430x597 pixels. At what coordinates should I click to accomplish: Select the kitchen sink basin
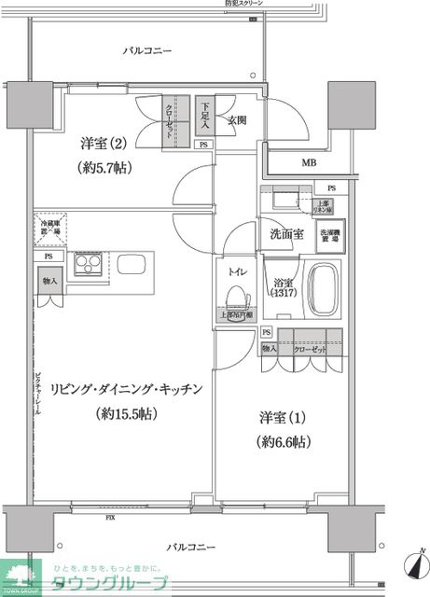(132, 263)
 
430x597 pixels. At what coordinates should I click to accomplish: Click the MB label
(309, 162)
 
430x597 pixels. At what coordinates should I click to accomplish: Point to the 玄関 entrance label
(236, 120)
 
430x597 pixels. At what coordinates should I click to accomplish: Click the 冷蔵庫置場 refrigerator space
(50, 228)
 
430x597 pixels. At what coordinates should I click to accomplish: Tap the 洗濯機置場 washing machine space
(330, 236)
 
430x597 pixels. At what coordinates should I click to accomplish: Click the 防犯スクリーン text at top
(244, 5)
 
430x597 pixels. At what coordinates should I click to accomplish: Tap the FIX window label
(111, 517)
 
